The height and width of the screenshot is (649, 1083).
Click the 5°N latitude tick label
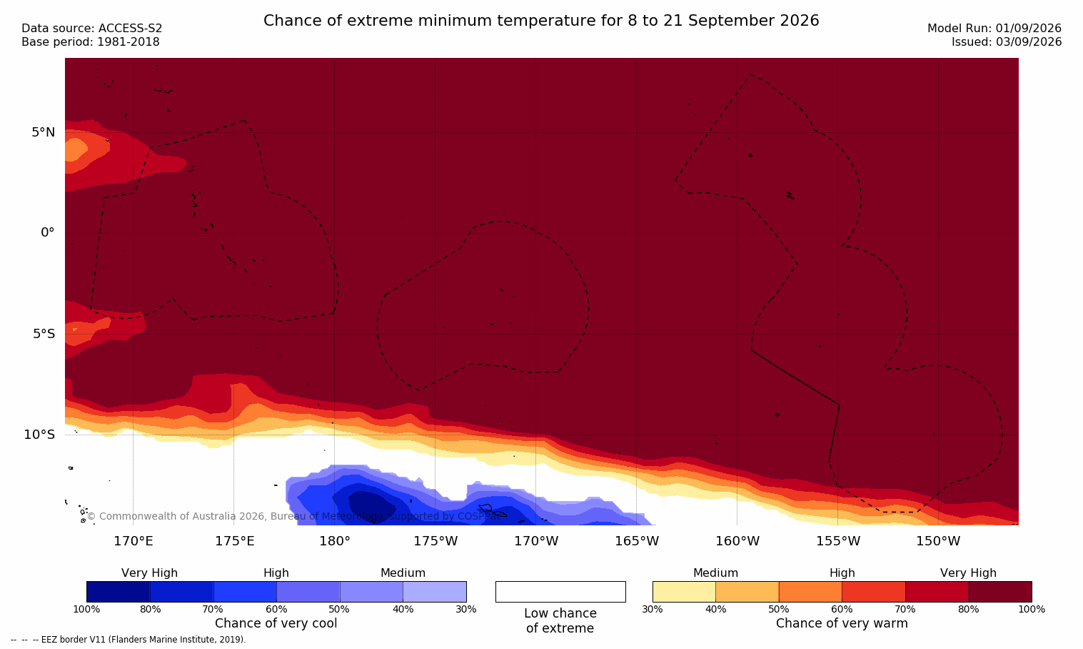pyautogui.click(x=43, y=132)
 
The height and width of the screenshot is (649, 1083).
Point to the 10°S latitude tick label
pyautogui.click(x=39, y=435)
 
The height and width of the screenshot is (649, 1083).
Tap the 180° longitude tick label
pyautogui.click(x=335, y=541)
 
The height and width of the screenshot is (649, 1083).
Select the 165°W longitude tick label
pyautogui.click(x=637, y=541)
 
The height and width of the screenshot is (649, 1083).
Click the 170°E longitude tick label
pyautogui.click(x=134, y=541)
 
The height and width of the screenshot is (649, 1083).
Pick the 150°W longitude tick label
pyautogui.click(x=939, y=541)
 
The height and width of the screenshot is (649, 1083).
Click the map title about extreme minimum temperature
pyautogui.click(x=541, y=21)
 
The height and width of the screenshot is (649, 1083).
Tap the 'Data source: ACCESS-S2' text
pyautogui.click(x=92, y=29)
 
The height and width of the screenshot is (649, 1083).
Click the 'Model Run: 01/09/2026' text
pyautogui.click(x=994, y=29)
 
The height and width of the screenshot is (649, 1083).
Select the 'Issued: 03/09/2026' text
pyautogui.click(x=1007, y=42)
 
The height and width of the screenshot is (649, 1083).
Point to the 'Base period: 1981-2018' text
pyautogui.click(x=91, y=42)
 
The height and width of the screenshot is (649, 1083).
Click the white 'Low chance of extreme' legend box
pyautogui.click(x=560, y=592)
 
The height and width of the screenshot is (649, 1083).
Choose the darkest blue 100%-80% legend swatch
pyautogui.click(x=119, y=592)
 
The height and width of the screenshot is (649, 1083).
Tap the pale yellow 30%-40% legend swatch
pyautogui.click(x=684, y=592)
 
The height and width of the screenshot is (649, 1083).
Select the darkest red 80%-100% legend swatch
pyautogui.click(x=1000, y=592)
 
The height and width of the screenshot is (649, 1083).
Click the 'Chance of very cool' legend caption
pyautogui.click(x=276, y=623)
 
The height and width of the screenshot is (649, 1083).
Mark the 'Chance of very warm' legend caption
pyautogui.click(x=842, y=623)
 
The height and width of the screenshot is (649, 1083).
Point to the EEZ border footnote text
pyautogui.click(x=128, y=639)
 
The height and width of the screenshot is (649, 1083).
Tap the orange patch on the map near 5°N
pyautogui.click(x=75, y=149)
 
